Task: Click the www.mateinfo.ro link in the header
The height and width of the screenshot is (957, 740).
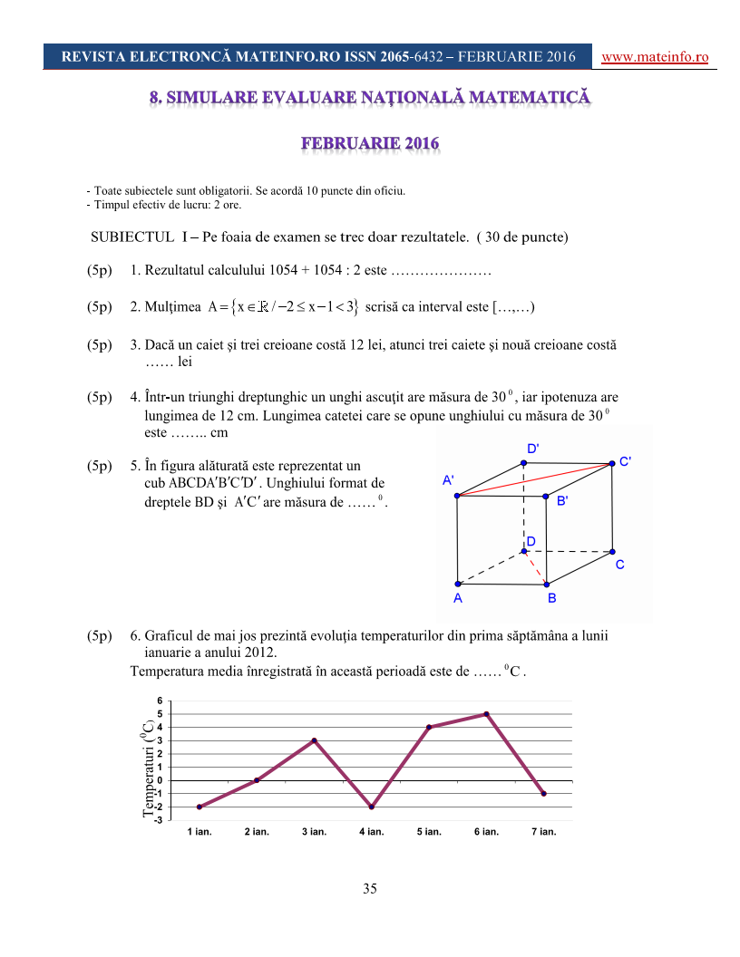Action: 655,57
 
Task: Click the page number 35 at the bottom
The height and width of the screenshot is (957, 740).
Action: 370,888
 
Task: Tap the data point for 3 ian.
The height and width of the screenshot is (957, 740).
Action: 315,740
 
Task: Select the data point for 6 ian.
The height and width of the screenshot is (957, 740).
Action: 487,714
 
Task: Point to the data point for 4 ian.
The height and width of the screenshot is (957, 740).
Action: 372,807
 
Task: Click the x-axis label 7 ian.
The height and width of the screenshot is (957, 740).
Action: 543,831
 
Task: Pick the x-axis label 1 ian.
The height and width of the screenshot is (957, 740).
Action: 199,831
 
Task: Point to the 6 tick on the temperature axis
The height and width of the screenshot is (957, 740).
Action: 160,701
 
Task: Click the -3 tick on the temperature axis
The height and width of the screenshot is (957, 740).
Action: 158,820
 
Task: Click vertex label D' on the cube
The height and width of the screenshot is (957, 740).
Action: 533,449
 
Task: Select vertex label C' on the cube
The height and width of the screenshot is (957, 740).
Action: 625,460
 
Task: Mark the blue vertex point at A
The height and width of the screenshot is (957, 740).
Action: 458,585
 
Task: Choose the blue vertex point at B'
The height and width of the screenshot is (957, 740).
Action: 546,497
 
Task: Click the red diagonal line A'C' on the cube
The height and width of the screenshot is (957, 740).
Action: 535,479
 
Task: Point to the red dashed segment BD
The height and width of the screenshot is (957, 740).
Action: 535,568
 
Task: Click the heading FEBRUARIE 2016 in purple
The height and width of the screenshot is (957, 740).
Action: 370,143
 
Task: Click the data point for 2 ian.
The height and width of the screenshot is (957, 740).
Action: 257,780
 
